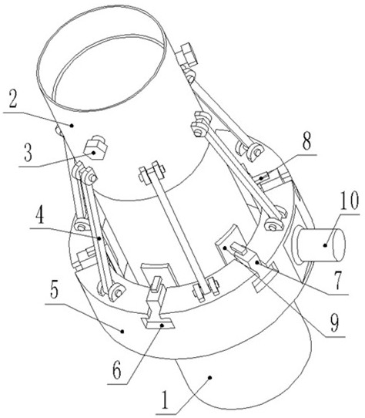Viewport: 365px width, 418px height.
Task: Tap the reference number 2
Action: (12, 99)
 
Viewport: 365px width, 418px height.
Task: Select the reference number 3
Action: (28, 153)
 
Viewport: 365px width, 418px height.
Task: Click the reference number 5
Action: (55, 289)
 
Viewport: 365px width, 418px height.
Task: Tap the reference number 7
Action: (338, 281)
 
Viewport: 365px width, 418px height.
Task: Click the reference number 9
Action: (335, 322)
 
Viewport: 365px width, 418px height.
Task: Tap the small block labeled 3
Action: (95, 148)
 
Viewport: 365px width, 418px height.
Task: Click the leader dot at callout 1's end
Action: (210, 377)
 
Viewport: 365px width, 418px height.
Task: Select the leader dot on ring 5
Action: (122, 332)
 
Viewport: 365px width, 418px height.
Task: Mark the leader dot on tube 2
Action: (72, 125)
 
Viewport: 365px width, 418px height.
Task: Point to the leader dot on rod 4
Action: (99, 238)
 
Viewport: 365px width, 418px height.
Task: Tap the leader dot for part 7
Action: (257, 263)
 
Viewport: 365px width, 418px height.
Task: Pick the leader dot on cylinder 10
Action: (325, 245)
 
